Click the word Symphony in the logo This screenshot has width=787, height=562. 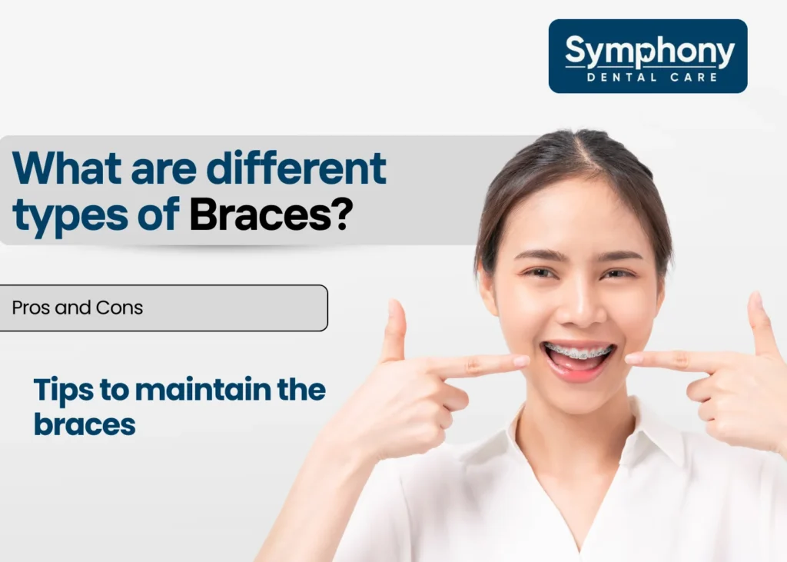click(649, 52)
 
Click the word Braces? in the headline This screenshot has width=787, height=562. click(271, 214)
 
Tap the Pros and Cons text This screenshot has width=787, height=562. click(78, 308)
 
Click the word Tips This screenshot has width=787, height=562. click(61, 391)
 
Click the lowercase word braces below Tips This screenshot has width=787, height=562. click(85, 424)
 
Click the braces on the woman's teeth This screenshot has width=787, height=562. click(579, 353)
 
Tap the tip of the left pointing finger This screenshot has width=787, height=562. click(523, 360)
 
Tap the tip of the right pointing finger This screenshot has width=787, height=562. click(633, 358)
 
